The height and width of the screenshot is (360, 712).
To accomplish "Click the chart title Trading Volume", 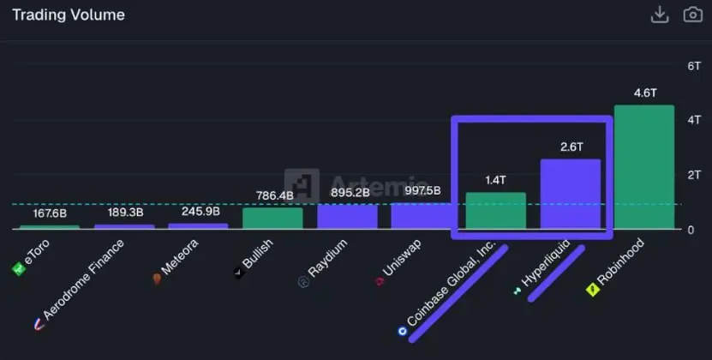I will [x=69, y=15].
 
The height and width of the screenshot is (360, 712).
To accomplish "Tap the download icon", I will [x=660, y=14].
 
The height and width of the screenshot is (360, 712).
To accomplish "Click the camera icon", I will [x=692, y=14].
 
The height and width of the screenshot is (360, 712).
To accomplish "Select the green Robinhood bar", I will [x=644, y=167].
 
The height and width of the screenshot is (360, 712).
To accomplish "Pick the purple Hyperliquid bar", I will [x=570, y=195].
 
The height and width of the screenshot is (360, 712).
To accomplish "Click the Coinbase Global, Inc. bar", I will [x=495, y=211].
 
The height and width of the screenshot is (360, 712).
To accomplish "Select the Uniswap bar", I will [x=421, y=216].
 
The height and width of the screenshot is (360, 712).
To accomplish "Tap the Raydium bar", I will [x=347, y=217].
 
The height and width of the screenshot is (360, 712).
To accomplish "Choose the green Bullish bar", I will [x=272, y=219].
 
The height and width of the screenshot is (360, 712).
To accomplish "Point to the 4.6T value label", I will [x=644, y=93].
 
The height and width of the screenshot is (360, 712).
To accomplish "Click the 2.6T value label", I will [x=570, y=147].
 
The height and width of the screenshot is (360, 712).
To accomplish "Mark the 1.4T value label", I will [x=495, y=180].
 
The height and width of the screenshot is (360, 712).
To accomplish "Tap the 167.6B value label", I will [x=50, y=213].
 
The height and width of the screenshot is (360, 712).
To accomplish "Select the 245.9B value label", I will [x=198, y=211].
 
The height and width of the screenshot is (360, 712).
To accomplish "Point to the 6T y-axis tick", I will [x=695, y=66].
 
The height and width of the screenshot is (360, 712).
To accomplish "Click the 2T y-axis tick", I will [x=695, y=175].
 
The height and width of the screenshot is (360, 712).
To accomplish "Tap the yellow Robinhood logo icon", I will [x=591, y=291].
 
